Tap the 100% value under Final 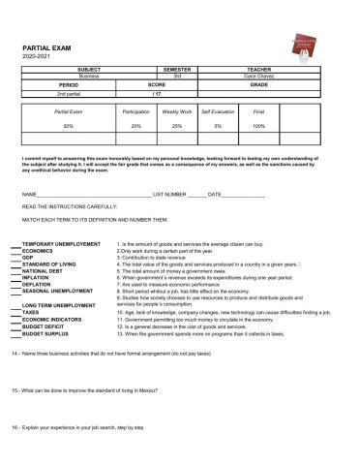tap(258, 126)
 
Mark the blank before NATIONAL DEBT tap(13, 270)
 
